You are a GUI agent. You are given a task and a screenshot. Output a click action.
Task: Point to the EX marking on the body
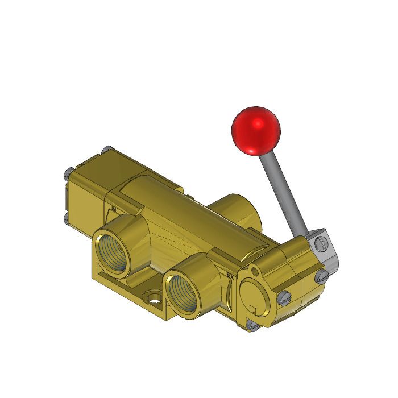(x=230, y=277)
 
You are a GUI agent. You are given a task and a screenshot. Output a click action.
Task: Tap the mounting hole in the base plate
(x=152, y=297)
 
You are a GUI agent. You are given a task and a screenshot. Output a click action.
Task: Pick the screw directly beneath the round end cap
(x=252, y=326)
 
